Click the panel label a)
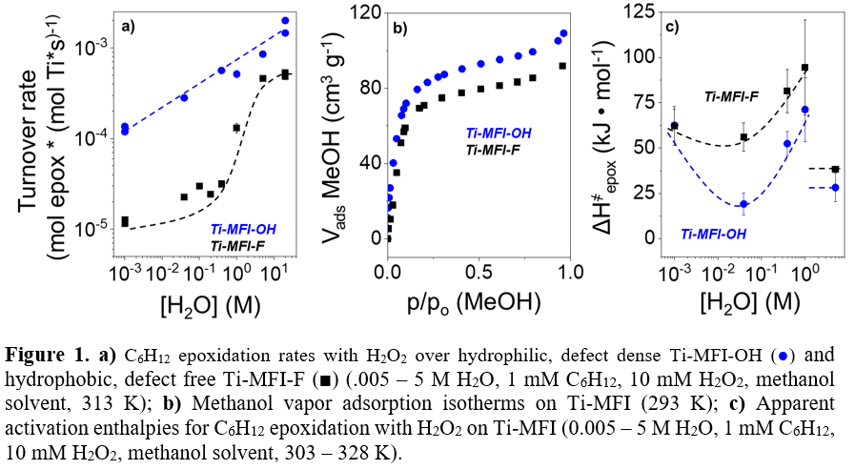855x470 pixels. tap(127, 26)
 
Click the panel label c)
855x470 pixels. tap(671, 26)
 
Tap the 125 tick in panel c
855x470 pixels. tap(636, 11)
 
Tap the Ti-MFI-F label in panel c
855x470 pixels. tap(731, 96)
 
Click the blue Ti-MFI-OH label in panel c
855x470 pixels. tap(711, 233)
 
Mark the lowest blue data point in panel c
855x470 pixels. tap(743, 204)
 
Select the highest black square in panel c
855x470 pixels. tap(805, 68)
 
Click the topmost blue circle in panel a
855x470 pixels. tap(285, 20)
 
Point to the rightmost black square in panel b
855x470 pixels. tap(563, 66)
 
